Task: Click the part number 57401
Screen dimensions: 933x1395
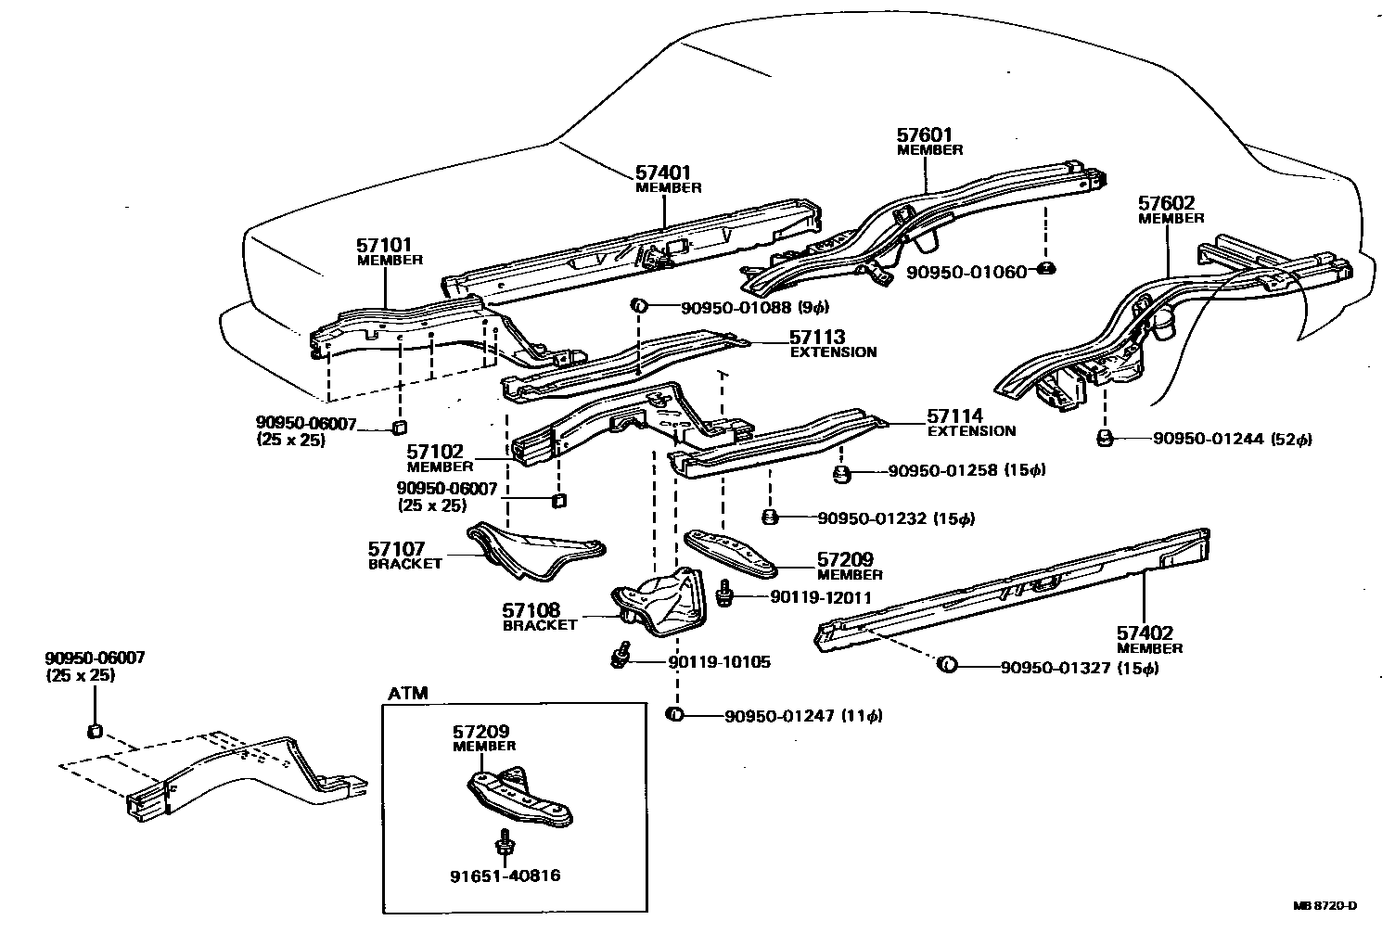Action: tap(663, 173)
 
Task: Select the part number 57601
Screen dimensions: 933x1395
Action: tap(925, 135)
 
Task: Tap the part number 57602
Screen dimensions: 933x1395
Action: tap(1167, 203)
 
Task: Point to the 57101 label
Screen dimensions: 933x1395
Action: tap(384, 245)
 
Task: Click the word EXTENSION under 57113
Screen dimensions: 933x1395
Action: tap(833, 352)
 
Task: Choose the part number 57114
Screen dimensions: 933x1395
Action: tap(955, 416)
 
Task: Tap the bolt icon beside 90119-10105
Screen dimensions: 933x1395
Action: tap(621, 657)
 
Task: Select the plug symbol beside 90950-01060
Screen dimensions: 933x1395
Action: tap(1044, 270)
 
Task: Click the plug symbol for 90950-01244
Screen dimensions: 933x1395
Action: tap(1105, 438)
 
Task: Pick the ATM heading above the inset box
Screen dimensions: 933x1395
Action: tap(408, 693)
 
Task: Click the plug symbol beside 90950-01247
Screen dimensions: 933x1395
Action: tap(674, 714)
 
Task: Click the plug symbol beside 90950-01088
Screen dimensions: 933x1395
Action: tap(639, 306)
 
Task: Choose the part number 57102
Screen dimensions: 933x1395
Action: tap(434, 453)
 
